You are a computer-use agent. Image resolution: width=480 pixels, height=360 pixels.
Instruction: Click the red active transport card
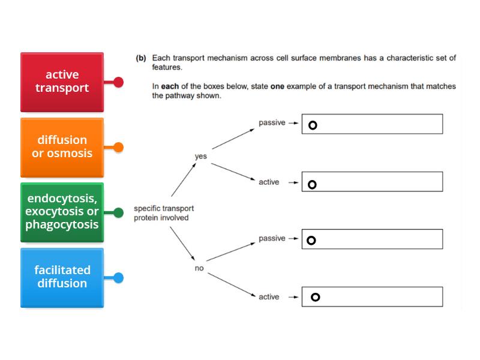(62, 82)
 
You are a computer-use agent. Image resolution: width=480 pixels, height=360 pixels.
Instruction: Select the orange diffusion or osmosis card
(62, 146)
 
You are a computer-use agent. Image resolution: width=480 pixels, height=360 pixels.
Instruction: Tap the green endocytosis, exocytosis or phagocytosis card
(62, 212)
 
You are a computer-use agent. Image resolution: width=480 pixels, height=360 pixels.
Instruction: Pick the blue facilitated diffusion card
(62, 277)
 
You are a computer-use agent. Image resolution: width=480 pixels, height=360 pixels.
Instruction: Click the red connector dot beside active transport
(118, 82)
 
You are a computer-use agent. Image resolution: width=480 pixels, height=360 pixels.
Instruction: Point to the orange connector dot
(118, 146)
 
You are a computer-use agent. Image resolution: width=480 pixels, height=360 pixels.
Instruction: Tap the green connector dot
(118, 212)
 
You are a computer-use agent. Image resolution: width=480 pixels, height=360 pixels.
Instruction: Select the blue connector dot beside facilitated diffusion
(118, 277)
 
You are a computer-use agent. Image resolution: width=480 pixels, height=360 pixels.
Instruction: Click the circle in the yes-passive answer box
(312, 125)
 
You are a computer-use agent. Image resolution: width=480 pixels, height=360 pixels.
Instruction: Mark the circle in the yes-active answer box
(312, 184)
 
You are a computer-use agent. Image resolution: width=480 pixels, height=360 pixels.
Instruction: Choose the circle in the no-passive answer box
(311, 241)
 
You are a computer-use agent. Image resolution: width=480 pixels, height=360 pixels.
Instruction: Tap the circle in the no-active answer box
(315, 297)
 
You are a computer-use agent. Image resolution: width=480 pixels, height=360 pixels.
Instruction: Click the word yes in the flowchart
(200, 157)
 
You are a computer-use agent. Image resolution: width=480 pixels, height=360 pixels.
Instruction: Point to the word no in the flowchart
(199, 268)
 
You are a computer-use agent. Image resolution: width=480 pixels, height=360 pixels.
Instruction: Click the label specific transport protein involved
(163, 213)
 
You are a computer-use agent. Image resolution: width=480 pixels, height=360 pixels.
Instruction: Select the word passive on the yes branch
(272, 122)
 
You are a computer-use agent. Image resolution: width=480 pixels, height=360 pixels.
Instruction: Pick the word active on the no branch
(269, 297)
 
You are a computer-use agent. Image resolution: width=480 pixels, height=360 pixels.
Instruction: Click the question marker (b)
(142, 58)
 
